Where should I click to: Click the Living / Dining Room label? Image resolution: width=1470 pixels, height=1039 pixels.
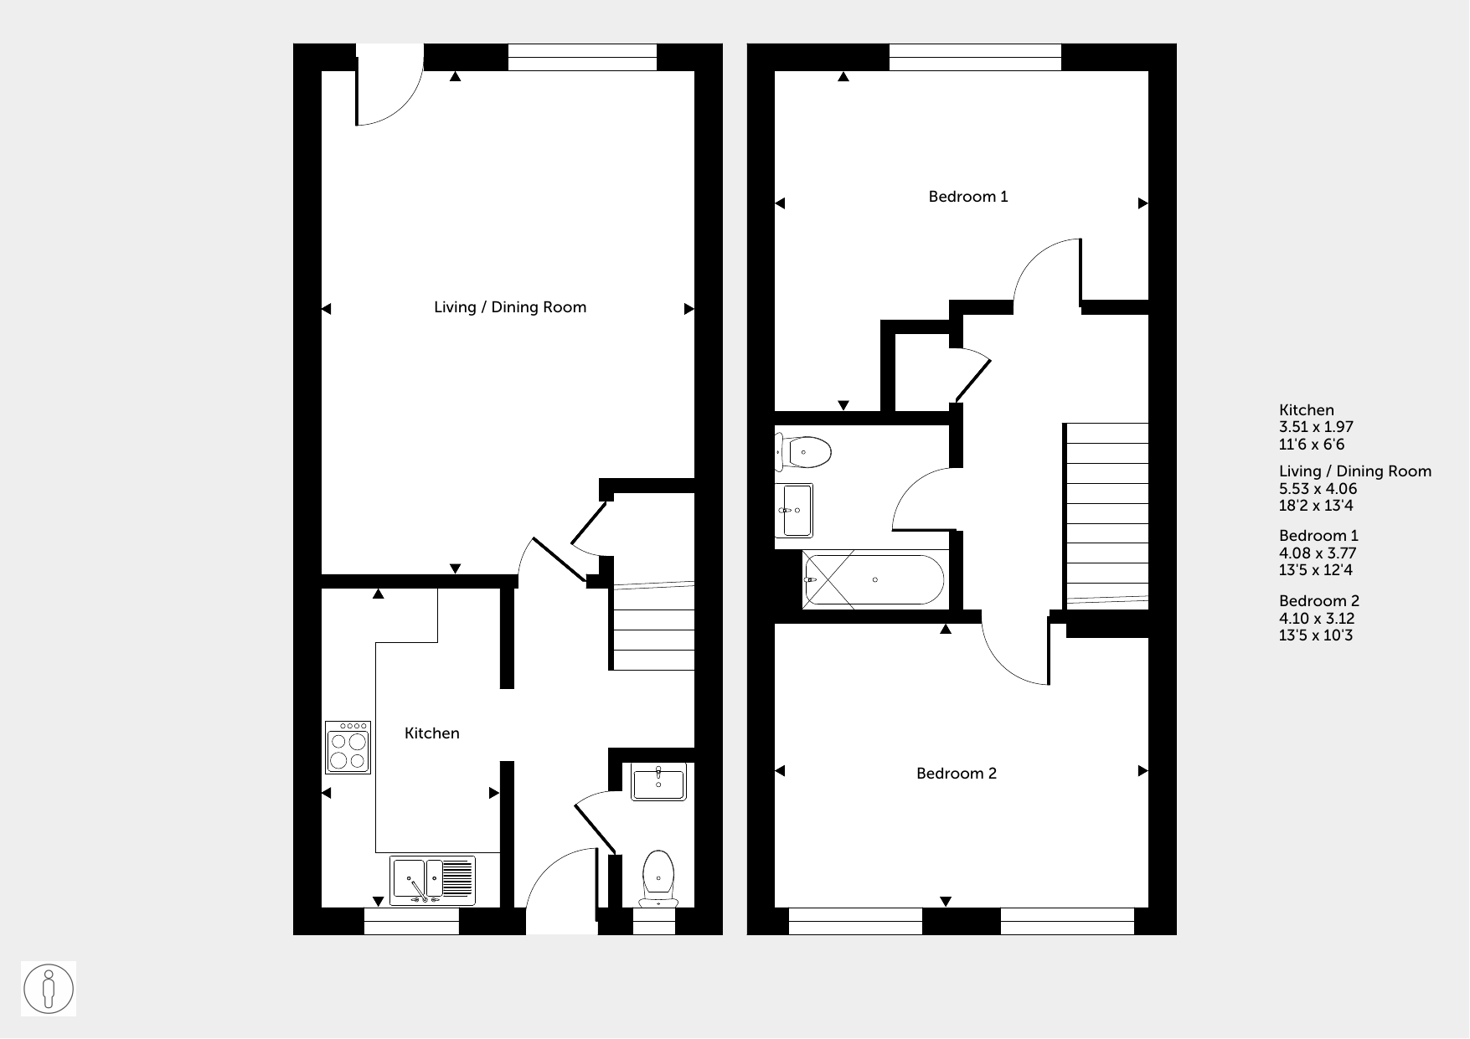pyautogui.click(x=510, y=307)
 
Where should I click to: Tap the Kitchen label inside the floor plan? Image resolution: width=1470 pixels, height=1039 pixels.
pyautogui.click(x=432, y=733)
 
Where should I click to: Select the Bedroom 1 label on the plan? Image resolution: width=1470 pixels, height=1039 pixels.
pyautogui.click(x=968, y=197)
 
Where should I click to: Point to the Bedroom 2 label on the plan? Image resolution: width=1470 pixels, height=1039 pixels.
pyautogui.click(x=957, y=774)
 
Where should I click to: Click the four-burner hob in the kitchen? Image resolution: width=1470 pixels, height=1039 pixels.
pyautogui.click(x=348, y=747)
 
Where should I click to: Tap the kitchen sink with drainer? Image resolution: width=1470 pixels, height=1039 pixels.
pyautogui.click(x=432, y=880)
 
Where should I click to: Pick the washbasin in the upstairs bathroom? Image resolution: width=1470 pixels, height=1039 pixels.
pyautogui.click(x=794, y=510)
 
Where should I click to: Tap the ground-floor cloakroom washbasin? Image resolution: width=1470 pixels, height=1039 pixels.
pyautogui.click(x=658, y=781)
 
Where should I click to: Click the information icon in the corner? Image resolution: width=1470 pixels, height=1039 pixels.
pyautogui.click(x=49, y=989)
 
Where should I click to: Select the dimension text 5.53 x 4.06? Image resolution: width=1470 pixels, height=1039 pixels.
pyautogui.click(x=1318, y=489)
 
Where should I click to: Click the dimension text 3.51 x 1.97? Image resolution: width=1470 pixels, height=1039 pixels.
pyautogui.click(x=1317, y=427)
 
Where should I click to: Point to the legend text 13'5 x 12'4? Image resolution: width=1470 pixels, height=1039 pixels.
pyautogui.click(x=1316, y=570)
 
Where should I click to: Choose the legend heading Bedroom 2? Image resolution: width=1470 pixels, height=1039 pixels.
pyautogui.click(x=1319, y=601)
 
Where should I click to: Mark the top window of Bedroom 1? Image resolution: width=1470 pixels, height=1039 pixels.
pyautogui.click(x=975, y=58)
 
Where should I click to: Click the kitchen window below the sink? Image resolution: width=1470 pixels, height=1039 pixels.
pyautogui.click(x=411, y=921)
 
